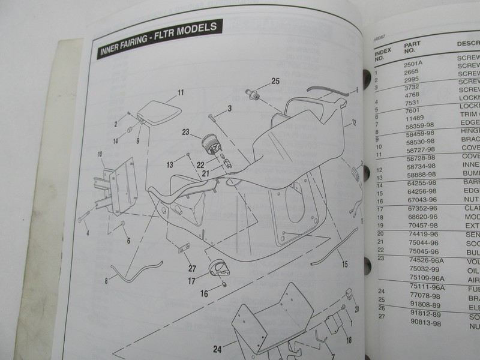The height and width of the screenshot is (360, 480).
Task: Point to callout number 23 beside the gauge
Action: (x=185, y=132)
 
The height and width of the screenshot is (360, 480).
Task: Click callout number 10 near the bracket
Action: (x=100, y=155)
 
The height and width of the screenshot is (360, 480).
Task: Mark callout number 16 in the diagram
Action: (x=203, y=294)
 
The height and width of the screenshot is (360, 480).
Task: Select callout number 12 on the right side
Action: (x=354, y=122)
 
